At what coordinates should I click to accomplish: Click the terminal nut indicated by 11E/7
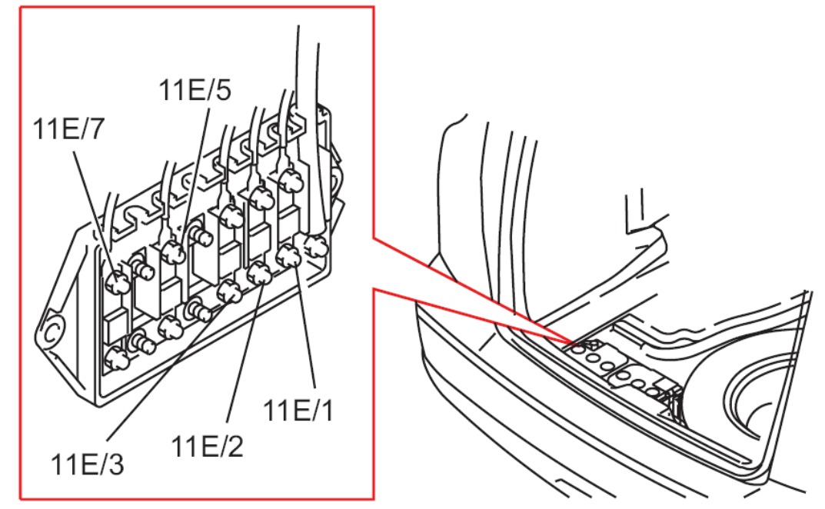point(118,284)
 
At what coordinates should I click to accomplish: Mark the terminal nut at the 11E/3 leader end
point(228,290)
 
